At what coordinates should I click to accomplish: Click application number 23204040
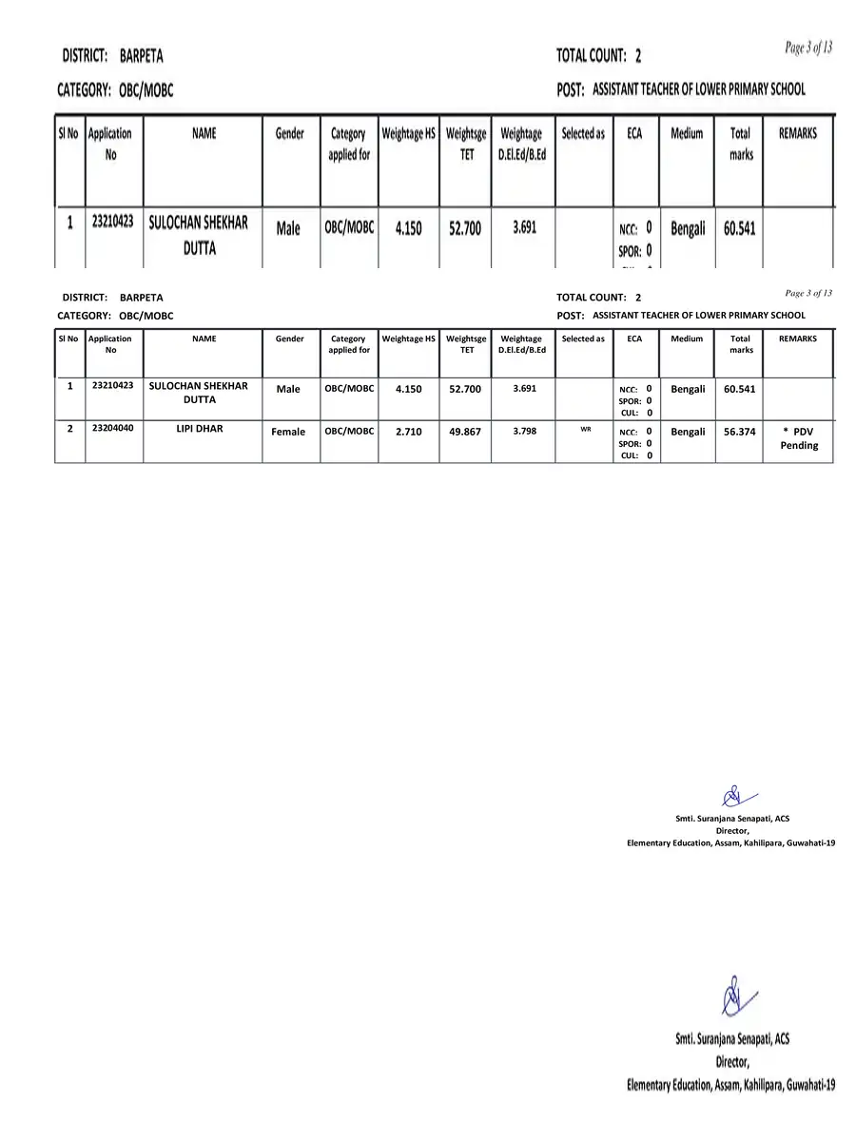pyautogui.click(x=112, y=429)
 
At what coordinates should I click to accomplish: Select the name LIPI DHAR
pyautogui.click(x=200, y=429)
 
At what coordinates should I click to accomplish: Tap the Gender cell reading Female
pyautogui.click(x=288, y=432)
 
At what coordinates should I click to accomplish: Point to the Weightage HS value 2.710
pyautogui.click(x=408, y=432)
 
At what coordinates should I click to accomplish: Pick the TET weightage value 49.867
pyautogui.click(x=465, y=432)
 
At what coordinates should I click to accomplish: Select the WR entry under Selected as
pyautogui.click(x=586, y=429)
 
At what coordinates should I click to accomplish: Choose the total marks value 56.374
pyautogui.click(x=739, y=432)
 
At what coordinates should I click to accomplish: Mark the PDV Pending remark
pyautogui.click(x=798, y=438)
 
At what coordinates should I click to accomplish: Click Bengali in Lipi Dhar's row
pyautogui.click(x=688, y=432)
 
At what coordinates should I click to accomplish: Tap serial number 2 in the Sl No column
pyautogui.click(x=69, y=429)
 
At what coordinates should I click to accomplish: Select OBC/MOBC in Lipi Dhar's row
pyautogui.click(x=349, y=431)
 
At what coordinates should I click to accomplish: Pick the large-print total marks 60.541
pyautogui.click(x=740, y=229)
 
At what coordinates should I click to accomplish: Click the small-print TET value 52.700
pyautogui.click(x=465, y=389)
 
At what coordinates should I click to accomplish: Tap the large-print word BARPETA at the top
pyautogui.click(x=141, y=56)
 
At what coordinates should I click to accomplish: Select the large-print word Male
pyautogui.click(x=288, y=229)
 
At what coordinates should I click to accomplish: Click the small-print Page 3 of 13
pyautogui.click(x=808, y=293)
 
